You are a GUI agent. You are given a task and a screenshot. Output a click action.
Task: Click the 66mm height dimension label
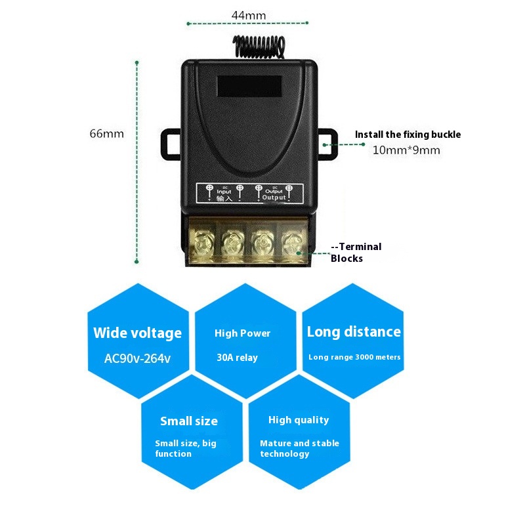(x=107, y=134)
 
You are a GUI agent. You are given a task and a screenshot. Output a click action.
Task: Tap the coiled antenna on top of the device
(x=257, y=46)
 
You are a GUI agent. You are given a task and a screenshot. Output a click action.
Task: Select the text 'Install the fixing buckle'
(x=408, y=135)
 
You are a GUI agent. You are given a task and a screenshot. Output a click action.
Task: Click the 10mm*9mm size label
(x=406, y=150)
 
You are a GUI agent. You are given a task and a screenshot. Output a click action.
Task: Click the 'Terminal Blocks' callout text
(x=356, y=253)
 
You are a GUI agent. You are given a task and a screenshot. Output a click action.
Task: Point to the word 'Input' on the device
(x=224, y=192)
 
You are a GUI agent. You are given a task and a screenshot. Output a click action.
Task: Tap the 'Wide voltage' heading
(x=137, y=333)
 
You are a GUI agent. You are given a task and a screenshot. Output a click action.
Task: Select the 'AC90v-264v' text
(x=137, y=359)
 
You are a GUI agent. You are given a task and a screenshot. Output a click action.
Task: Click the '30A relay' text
(x=237, y=358)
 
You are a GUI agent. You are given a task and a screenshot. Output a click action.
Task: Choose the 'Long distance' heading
(x=354, y=332)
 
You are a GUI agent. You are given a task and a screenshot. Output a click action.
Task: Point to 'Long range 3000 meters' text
(x=354, y=357)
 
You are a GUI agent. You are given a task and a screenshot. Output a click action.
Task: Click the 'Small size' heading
(x=189, y=421)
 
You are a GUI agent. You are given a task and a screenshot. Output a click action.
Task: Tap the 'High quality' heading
(x=299, y=420)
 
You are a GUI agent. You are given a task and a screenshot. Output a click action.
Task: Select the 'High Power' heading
(x=242, y=333)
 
